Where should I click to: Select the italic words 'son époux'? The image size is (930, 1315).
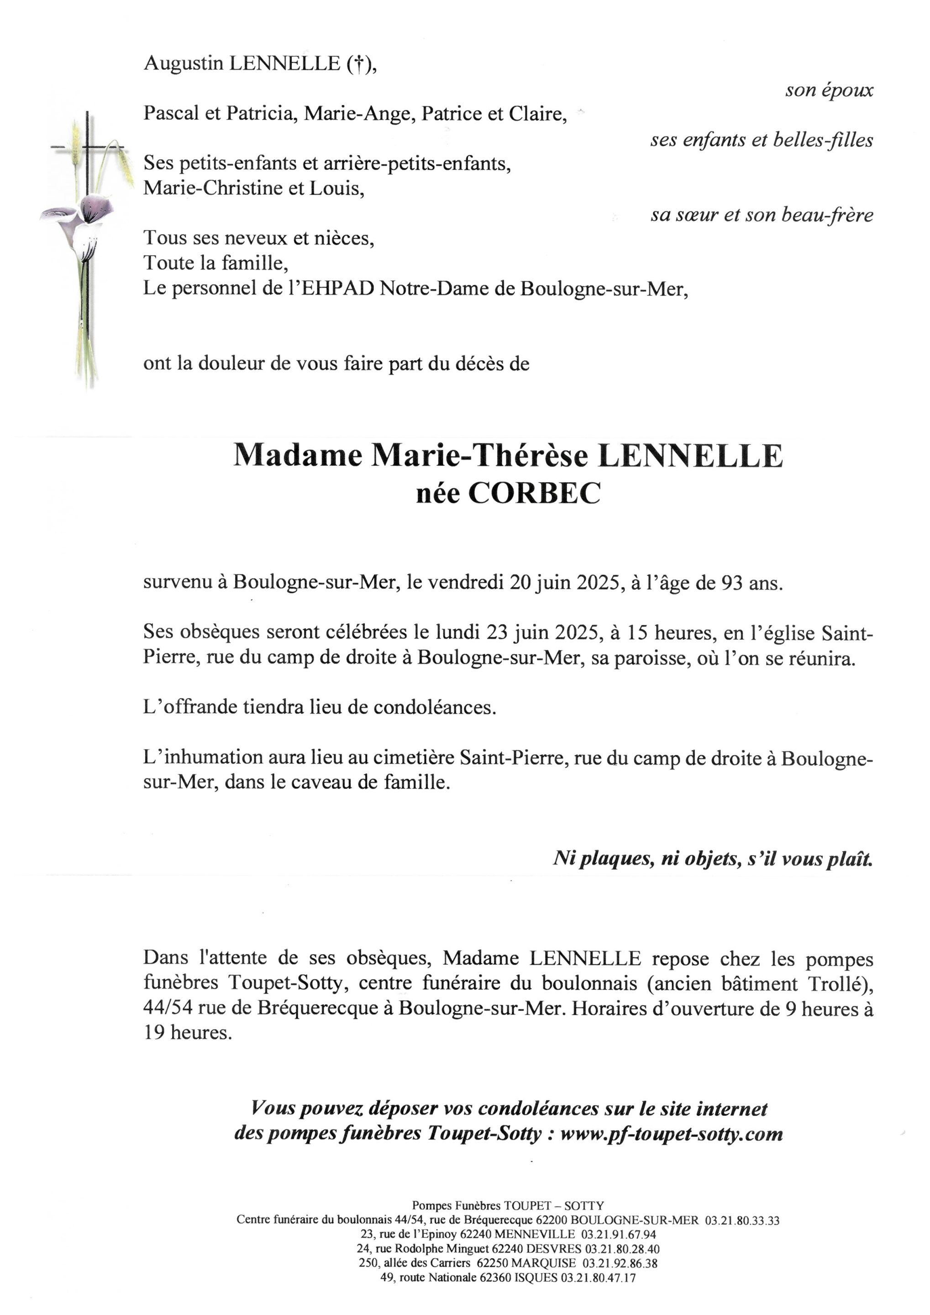pyautogui.click(x=829, y=90)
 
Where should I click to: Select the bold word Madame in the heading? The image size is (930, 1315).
pyautogui.click(x=297, y=456)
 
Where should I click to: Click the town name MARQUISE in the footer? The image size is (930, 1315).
pyautogui.click(x=544, y=1263)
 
